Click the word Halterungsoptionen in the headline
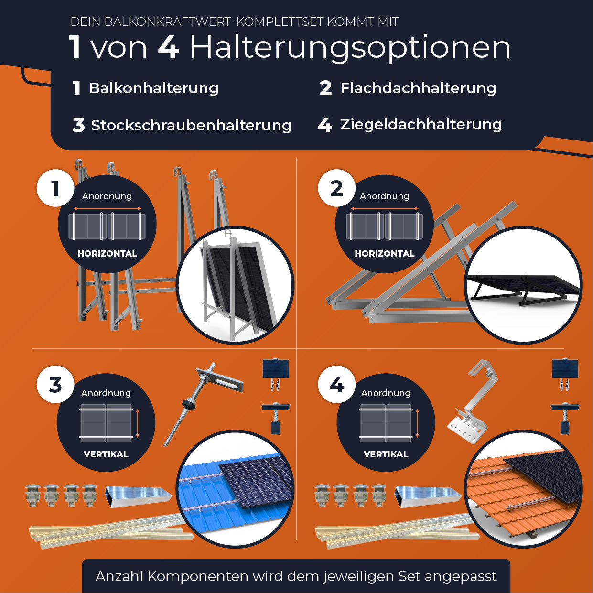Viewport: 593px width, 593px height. coord(350,47)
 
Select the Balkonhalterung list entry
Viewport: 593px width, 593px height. coord(153,88)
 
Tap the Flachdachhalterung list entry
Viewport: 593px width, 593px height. coord(418,88)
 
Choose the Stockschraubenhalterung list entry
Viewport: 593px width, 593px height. coord(191,125)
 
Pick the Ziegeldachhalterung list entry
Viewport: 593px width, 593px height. coord(420,125)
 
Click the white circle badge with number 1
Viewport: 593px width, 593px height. coord(55,188)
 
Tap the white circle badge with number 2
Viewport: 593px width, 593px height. coord(337,188)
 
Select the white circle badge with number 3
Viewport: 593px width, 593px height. coord(55,385)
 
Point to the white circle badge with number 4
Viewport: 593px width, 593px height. coord(337,385)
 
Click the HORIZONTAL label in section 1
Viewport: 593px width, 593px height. coord(107,254)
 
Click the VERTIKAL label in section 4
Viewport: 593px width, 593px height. coord(386,454)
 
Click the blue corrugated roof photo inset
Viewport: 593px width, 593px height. coord(235,490)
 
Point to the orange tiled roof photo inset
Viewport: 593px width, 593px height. coord(523,490)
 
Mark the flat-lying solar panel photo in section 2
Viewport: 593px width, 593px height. coord(523,285)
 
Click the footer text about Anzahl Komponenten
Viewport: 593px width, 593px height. coord(296,576)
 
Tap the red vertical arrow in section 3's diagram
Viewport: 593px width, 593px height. coord(138,423)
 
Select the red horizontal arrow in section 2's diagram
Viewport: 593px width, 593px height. coord(385,209)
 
